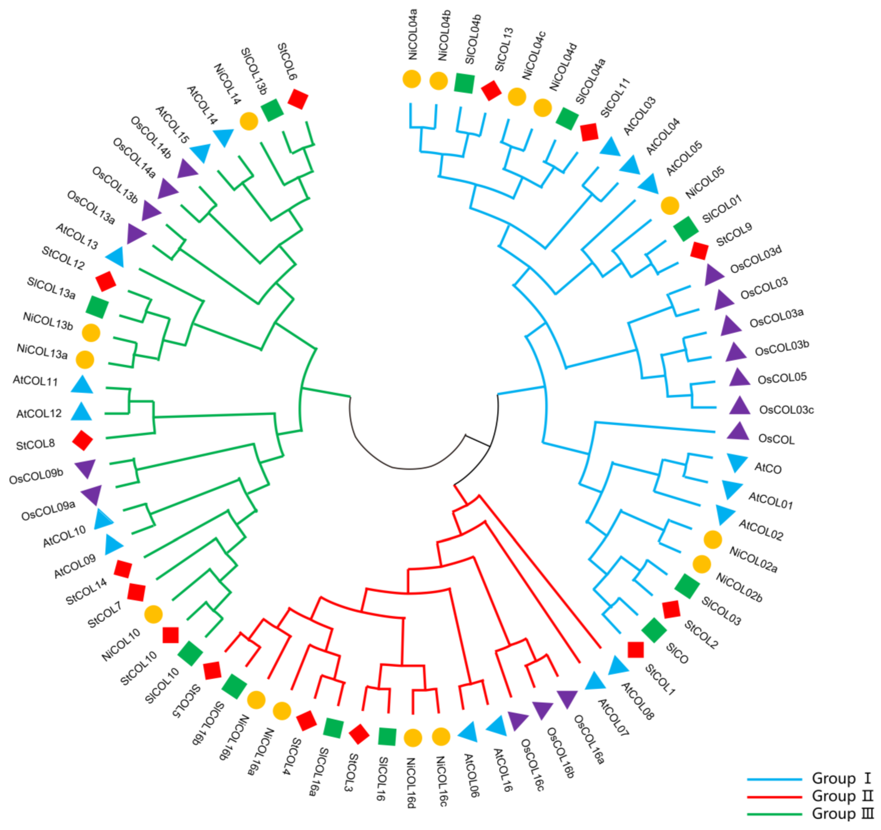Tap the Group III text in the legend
pos(841,814)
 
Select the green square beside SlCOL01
pos(685,229)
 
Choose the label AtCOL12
pos(39,414)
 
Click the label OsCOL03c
pos(786,410)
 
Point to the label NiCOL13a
pos(42,351)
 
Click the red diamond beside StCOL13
pos(491,90)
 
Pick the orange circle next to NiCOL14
pos(249,121)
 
